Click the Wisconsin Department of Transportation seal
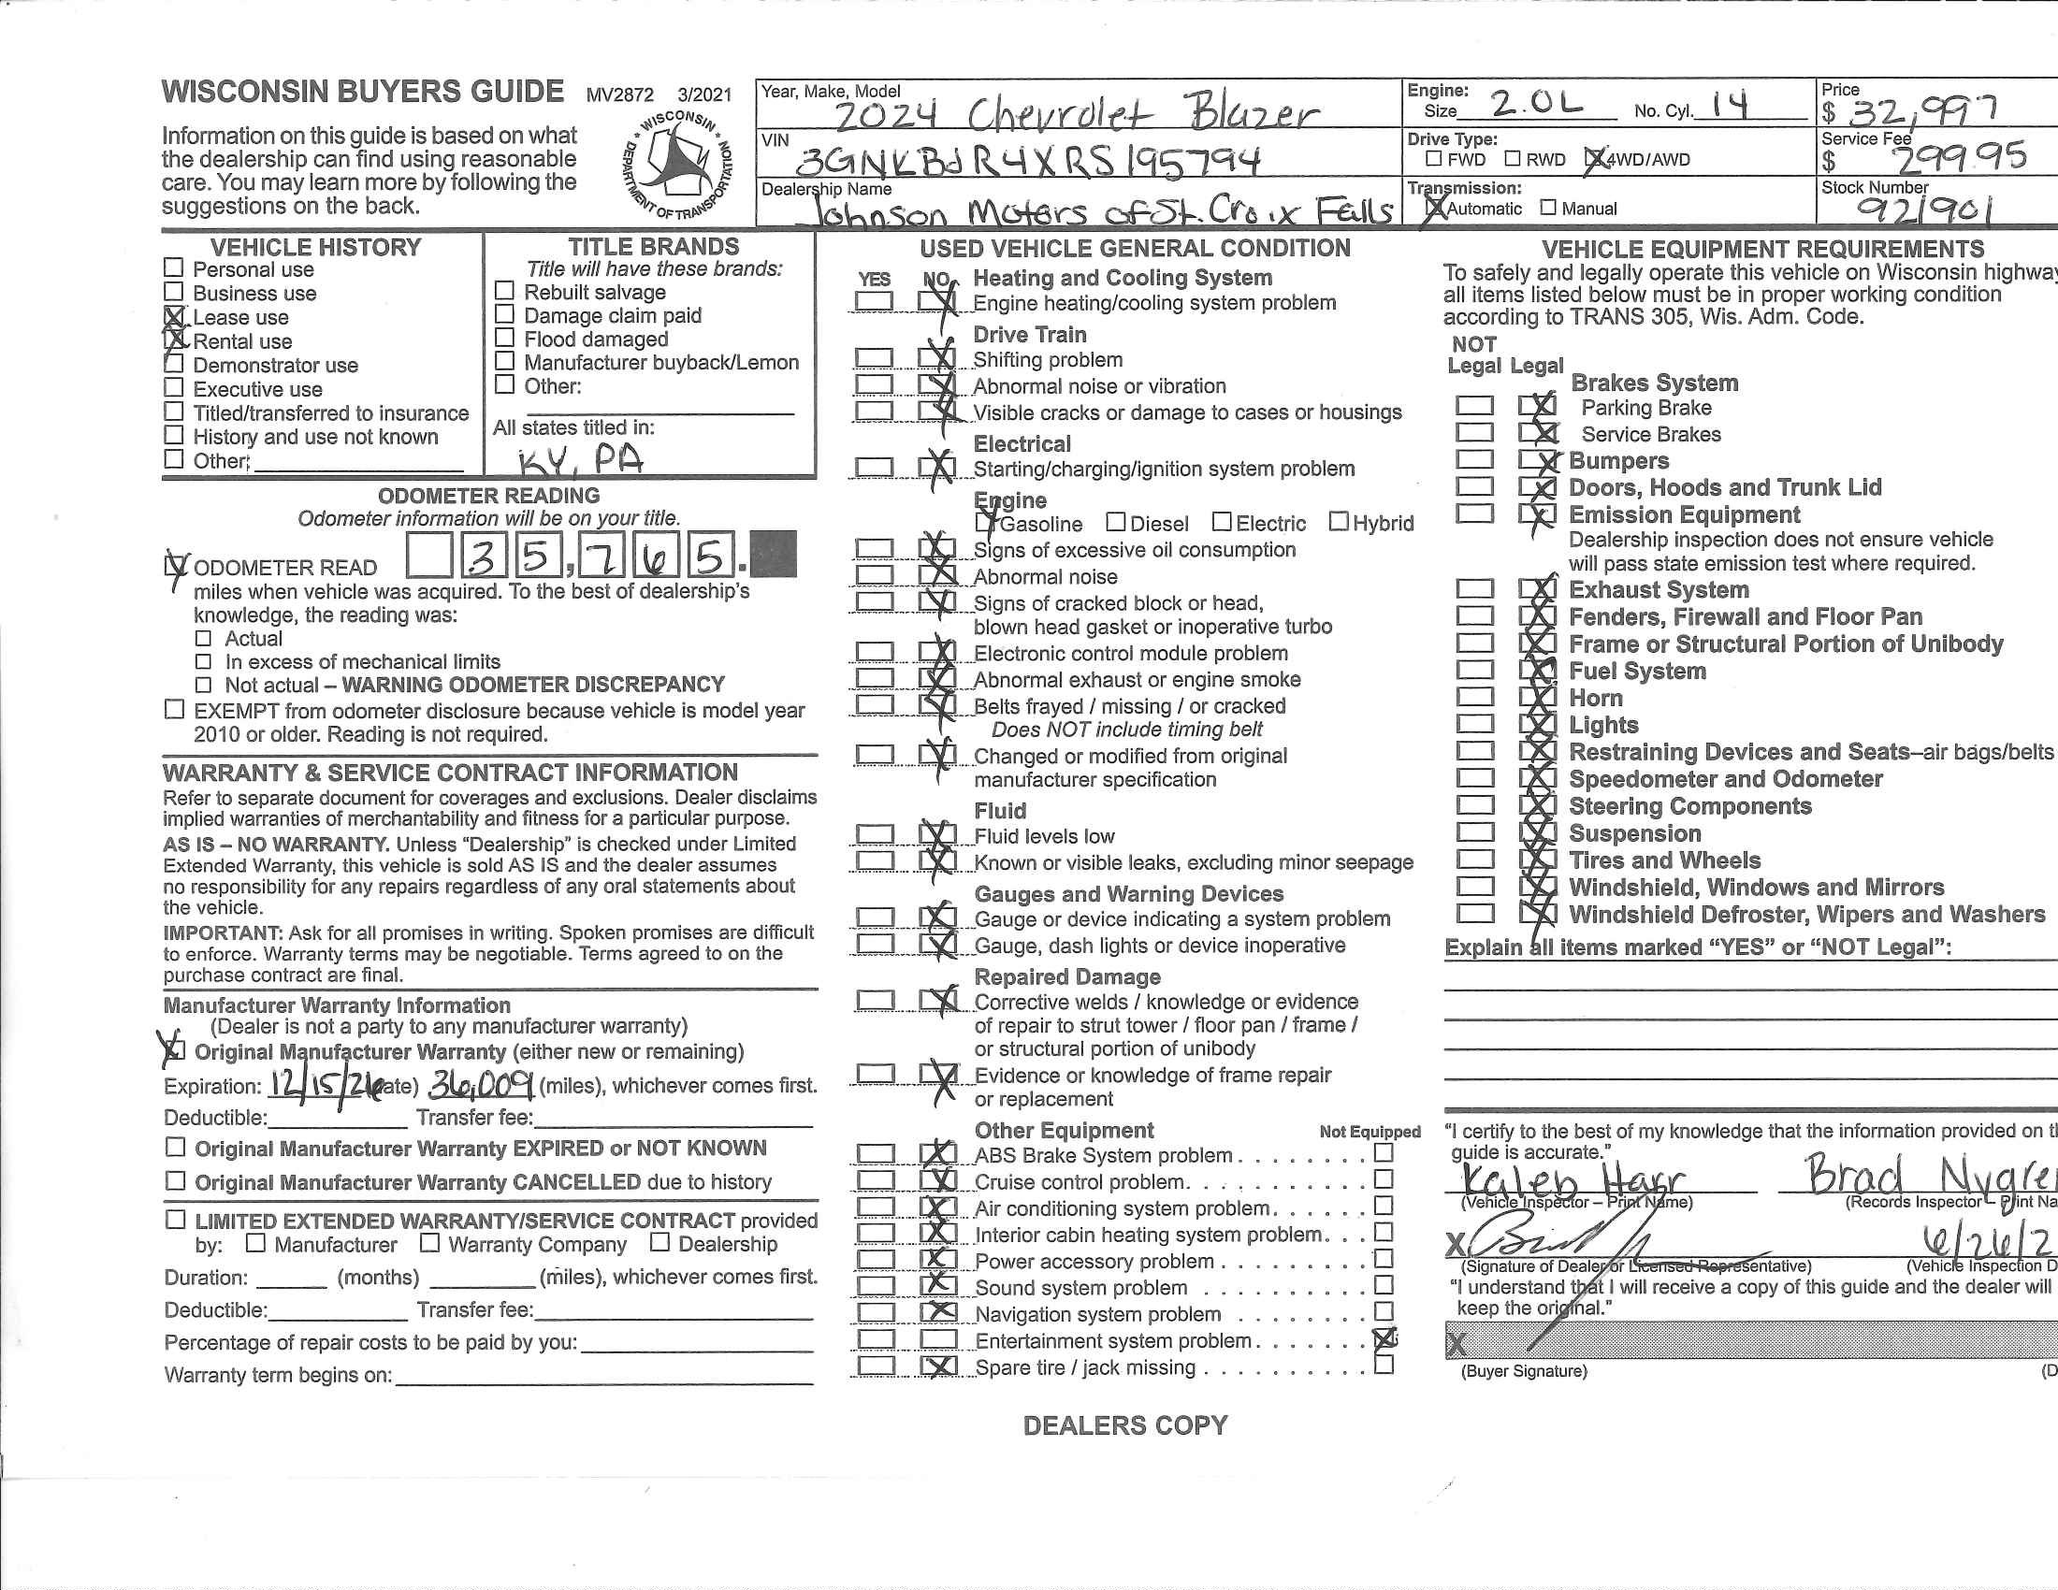pos(676,166)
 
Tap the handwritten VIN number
pos(1027,161)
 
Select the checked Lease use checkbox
pos(173,317)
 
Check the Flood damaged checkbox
pos(505,339)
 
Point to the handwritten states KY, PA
pos(581,459)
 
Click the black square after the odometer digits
pos(775,554)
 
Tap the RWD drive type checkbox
pos(1514,159)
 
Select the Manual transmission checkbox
pos(1548,209)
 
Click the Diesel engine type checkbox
pos(1116,522)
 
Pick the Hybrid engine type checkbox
pos(1338,522)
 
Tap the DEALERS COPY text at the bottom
pos(1125,1425)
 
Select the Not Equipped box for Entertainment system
pos(1384,1339)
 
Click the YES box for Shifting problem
pos(874,359)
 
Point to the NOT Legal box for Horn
pos(1474,697)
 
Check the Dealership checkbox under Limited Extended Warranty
pos(660,1243)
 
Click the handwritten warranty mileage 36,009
pos(482,1085)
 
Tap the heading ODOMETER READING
pos(488,496)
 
